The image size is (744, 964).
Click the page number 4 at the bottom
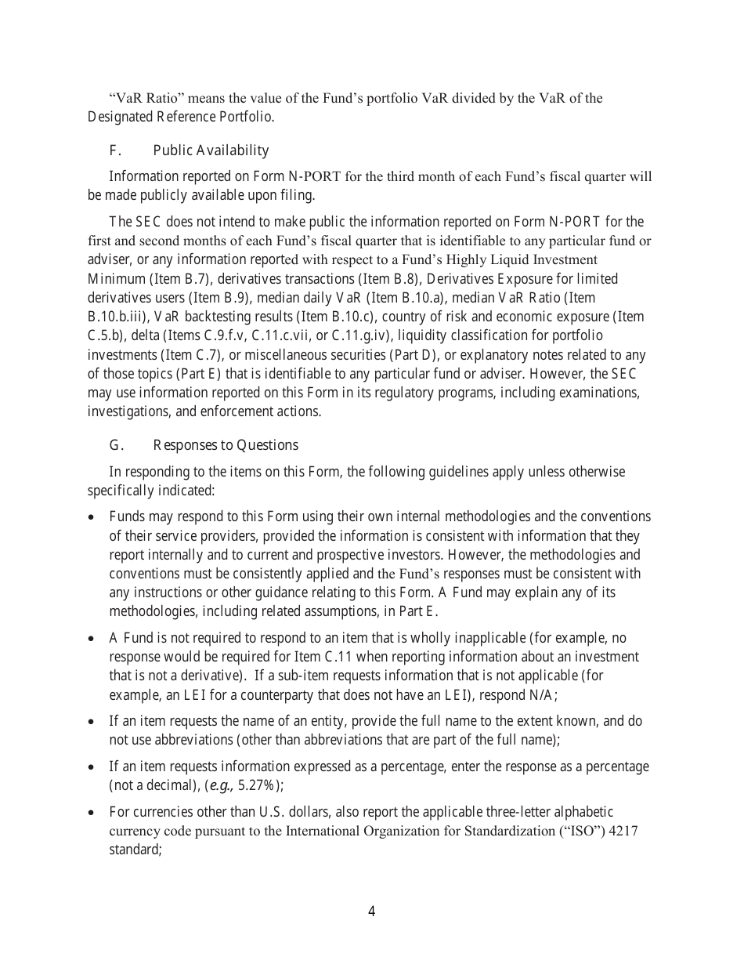click(371, 911)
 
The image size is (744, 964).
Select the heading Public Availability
click(211, 150)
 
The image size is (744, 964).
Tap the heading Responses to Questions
click(226, 445)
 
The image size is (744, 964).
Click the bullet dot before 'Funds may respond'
click(92, 518)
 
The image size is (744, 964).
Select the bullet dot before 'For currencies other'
click(92, 813)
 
